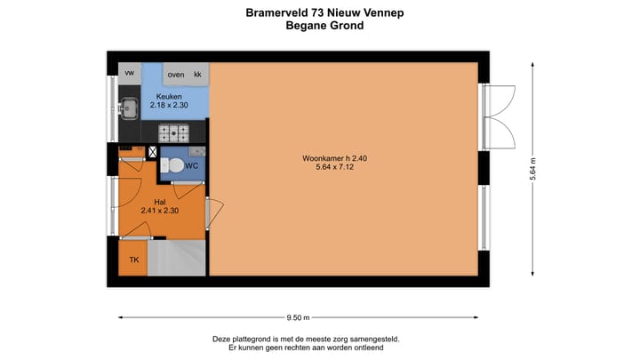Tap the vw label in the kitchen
(x=130, y=73)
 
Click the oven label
(x=176, y=74)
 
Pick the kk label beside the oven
(x=197, y=74)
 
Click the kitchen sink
(x=129, y=108)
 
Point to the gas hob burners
(x=173, y=133)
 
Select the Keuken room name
(x=169, y=96)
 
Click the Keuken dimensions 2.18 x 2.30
(x=169, y=106)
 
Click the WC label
(x=191, y=165)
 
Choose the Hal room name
(x=160, y=202)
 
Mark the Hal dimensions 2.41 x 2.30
(x=160, y=212)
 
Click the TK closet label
(x=134, y=260)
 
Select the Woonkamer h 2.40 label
(x=328, y=159)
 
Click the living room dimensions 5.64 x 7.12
(x=328, y=169)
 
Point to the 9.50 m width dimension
(x=299, y=317)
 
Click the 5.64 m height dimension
(x=533, y=168)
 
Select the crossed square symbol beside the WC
(x=152, y=153)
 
